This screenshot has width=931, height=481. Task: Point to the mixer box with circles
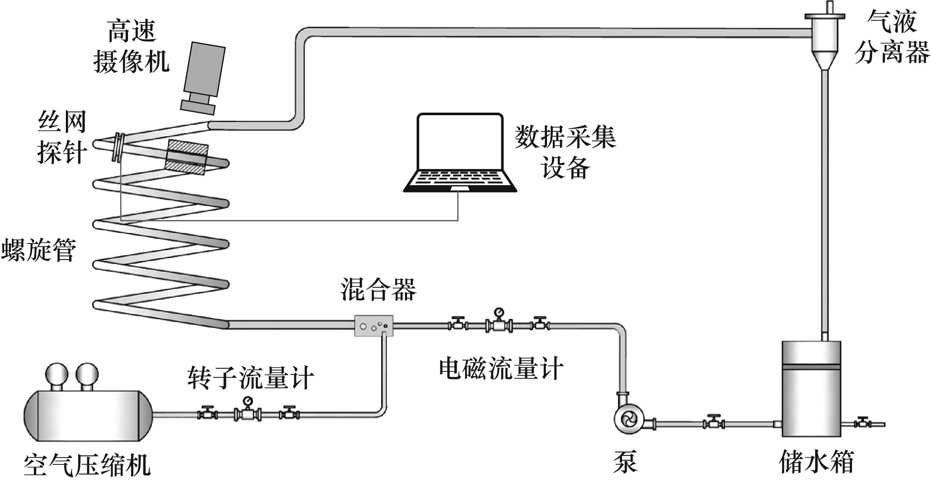pyautogui.click(x=374, y=326)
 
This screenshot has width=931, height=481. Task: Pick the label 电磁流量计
pyautogui.click(x=500, y=368)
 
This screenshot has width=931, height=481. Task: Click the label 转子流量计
pyautogui.click(x=251, y=377)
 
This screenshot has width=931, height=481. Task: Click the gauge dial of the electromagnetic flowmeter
pyautogui.click(x=499, y=312)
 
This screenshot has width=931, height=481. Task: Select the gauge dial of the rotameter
pyautogui.click(x=248, y=401)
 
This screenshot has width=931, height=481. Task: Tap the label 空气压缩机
pyautogui.click(x=87, y=465)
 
